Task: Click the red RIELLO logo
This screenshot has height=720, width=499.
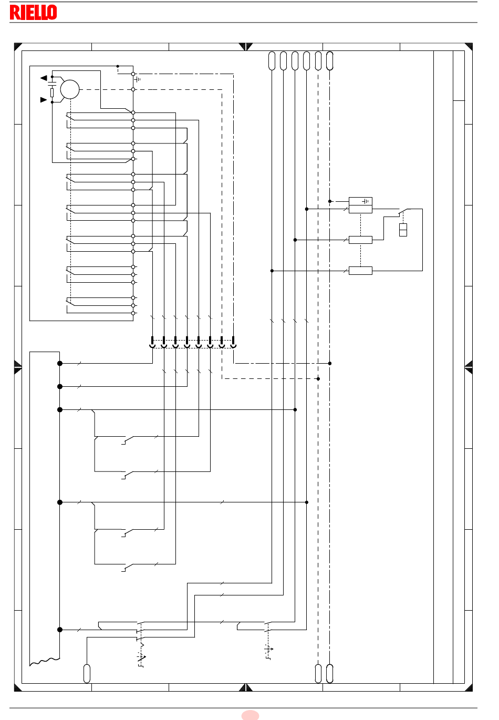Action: (34, 12)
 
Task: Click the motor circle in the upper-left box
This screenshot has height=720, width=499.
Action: (70, 89)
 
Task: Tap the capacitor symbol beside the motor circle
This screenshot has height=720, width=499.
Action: (52, 84)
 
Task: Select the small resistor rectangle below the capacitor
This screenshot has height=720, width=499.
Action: (52, 93)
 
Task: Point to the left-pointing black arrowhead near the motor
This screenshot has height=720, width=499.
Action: (44, 78)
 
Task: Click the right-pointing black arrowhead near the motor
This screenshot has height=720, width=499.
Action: (44, 100)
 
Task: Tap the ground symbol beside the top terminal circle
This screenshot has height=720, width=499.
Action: (138, 79)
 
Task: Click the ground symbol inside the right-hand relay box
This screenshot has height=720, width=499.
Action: (366, 201)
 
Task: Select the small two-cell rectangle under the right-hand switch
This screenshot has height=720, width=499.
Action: (403, 230)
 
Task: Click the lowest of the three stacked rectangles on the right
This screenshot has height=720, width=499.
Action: (360, 271)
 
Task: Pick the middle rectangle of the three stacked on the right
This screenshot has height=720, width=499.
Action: (360, 240)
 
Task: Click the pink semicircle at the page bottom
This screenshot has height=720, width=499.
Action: (250, 715)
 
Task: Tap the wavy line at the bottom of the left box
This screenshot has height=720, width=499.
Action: (45, 661)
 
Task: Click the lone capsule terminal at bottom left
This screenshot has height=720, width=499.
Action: (87, 673)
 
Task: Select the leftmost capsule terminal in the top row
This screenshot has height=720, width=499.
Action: (272, 61)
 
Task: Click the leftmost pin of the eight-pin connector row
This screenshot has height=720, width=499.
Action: (152, 342)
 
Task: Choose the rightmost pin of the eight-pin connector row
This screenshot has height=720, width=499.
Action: (233, 342)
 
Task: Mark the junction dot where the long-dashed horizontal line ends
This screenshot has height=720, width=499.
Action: (318, 378)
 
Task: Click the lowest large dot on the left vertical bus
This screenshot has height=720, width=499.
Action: (60, 630)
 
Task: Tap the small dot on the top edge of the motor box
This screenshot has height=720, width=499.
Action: (118, 66)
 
